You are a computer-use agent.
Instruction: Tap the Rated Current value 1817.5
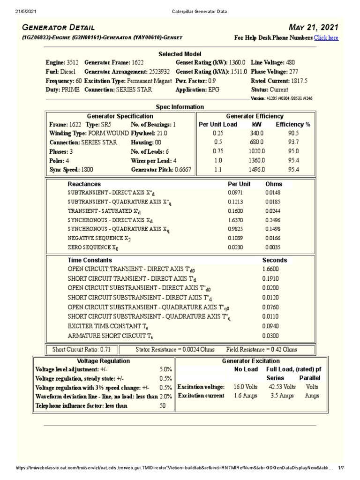click(299, 81)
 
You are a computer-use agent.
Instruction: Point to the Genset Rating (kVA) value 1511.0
click(239, 72)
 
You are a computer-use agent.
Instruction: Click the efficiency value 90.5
click(293, 133)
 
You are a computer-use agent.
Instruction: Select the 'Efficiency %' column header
click(293, 124)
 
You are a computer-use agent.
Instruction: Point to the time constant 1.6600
click(271, 270)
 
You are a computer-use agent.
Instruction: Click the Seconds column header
click(275, 260)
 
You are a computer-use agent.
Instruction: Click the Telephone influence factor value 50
click(163, 406)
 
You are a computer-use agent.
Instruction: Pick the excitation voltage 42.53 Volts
click(282, 387)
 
